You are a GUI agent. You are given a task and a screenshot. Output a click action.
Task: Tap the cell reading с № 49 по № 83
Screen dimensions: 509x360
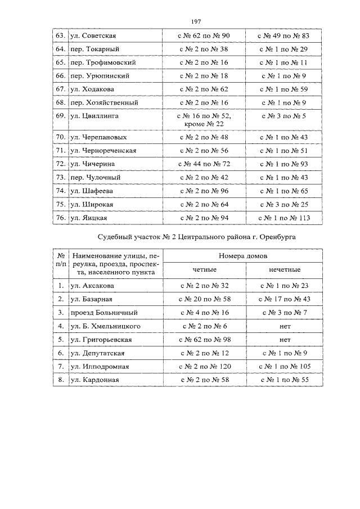click(x=287, y=36)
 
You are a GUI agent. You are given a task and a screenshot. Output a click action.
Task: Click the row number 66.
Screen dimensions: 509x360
click(x=60, y=75)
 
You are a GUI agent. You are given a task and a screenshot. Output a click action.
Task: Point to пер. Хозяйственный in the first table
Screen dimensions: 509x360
click(x=105, y=102)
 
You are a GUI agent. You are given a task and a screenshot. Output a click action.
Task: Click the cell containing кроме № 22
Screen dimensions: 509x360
click(x=204, y=124)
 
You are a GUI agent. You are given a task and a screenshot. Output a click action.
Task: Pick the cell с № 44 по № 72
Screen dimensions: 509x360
click(x=204, y=164)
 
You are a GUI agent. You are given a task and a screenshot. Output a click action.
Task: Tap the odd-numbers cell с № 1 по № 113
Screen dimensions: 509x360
click(x=287, y=218)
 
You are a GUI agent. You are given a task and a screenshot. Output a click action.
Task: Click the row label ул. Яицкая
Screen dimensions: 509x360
click(x=89, y=218)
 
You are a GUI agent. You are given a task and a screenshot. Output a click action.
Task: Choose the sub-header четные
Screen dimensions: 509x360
click(x=204, y=270)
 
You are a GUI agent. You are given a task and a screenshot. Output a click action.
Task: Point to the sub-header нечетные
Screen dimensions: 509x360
click(x=287, y=270)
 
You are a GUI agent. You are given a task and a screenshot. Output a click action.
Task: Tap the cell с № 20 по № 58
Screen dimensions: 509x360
click(x=204, y=299)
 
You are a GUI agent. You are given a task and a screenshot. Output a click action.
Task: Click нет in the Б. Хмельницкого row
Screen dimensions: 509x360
click(x=287, y=326)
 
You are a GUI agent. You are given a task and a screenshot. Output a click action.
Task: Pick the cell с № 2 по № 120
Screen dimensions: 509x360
click(x=204, y=367)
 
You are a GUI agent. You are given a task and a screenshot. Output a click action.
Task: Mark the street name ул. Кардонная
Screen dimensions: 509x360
click(x=95, y=380)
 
